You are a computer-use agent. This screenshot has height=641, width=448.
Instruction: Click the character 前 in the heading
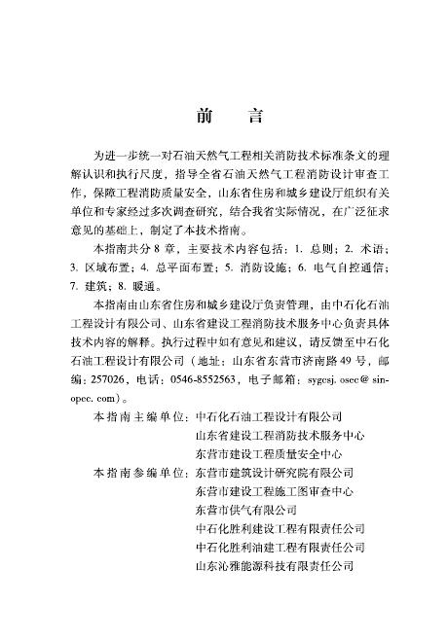204,117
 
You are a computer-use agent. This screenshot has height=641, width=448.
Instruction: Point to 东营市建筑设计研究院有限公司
280,472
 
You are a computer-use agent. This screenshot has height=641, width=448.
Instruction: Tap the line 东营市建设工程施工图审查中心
280,490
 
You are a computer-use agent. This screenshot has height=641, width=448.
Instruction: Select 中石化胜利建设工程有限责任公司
280,527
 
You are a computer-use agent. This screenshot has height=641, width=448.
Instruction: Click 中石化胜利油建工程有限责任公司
280,546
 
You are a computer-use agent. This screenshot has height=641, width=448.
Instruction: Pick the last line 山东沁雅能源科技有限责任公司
280,564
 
